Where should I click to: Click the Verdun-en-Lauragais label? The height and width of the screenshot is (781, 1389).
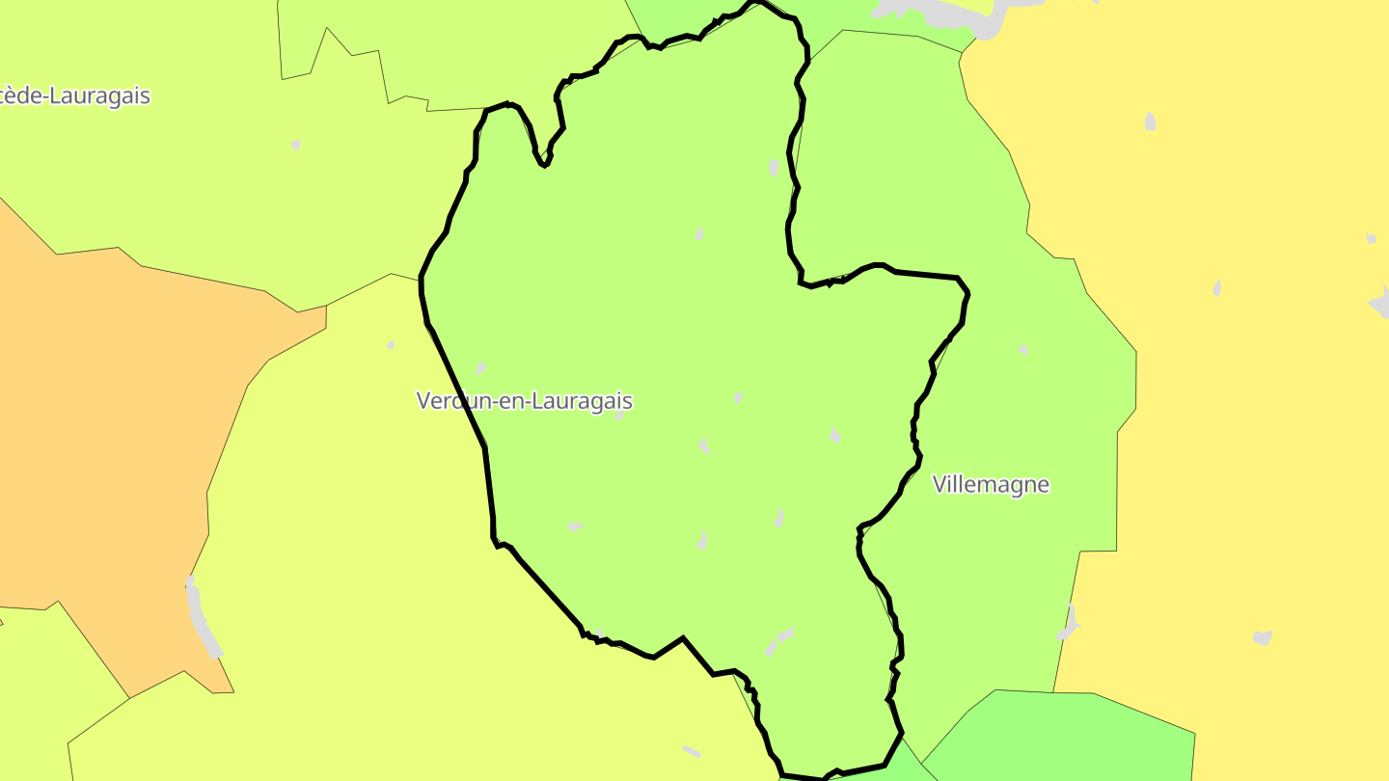pos(524,400)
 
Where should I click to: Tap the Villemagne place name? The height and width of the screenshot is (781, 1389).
pos(991,484)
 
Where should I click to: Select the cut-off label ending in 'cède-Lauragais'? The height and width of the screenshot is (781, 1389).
pos(75,95)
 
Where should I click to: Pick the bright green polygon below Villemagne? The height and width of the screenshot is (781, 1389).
pos(1061,738)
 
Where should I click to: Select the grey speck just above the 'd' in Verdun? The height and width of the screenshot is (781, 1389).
pos(480,368)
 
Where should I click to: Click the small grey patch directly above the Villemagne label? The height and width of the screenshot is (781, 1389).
pos(1023,350)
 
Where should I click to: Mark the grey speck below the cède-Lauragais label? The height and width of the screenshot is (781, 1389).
pos(296,145)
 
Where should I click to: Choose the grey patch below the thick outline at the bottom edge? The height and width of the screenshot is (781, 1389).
pos(692,750)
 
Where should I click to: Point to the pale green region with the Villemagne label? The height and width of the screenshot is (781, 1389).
pos(1013,405)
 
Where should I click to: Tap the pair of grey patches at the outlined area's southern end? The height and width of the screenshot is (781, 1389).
pos(779,640)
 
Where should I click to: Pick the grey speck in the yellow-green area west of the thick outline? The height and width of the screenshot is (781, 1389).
pos(391,344)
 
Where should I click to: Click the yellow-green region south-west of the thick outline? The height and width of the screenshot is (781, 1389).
pos(386,579)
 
